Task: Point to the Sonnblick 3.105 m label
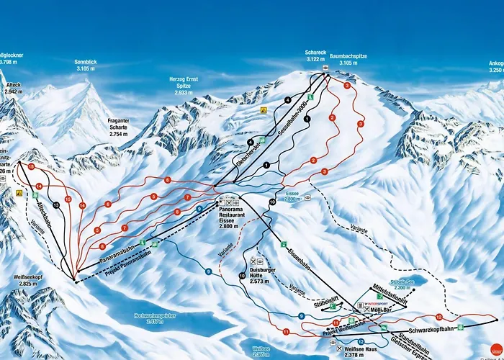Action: click(x=85, y=66)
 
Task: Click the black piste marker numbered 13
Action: click(x=55, y=204)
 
